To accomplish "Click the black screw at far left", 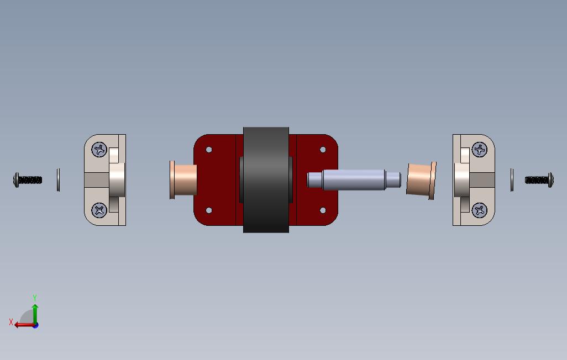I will click(28, 179).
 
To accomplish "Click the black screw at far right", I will click(539, 179).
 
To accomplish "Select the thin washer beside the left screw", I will click(59, 179).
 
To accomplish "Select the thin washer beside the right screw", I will click(512, 180).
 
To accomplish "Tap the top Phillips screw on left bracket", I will click(99, 149).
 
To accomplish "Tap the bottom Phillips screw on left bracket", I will click(99, 209).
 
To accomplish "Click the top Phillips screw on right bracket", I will click(480, 149).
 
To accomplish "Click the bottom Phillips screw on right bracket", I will click(480, 209).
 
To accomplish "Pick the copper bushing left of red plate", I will click(184, 180).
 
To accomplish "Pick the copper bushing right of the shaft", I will click(421, 179).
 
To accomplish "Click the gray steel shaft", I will click(354, 179).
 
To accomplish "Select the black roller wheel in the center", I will click(266, 179).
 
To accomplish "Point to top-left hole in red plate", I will click(209, 150).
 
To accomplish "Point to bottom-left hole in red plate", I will click(209, 210).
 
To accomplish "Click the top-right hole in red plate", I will click(323, 150).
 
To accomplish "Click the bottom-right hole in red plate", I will click(323, 210).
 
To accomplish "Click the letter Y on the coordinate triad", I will click(35, 298).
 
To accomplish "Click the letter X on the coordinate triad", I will click(11, 321).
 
